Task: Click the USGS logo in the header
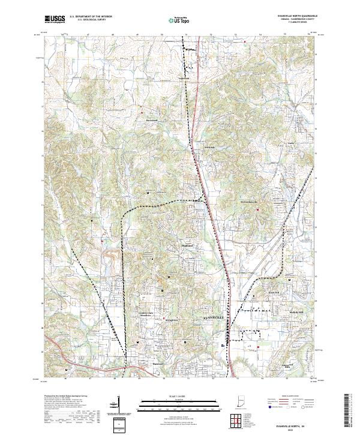click(x=55, y=19)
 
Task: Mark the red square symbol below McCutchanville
click(x=258, y=209)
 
